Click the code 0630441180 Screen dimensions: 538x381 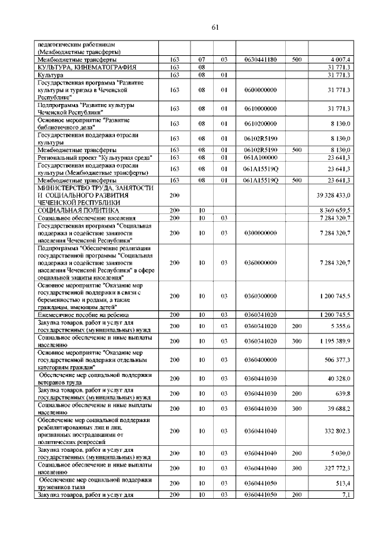click(x=261, y=60)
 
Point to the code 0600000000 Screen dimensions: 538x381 click(x=261, y=90)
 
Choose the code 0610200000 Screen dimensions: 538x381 click(x=261, y=124)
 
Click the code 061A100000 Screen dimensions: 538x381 click(x=261, y=158)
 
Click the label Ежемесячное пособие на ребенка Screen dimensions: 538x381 click(x=83, y=314)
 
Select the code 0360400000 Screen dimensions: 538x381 click(x=261, y=360)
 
